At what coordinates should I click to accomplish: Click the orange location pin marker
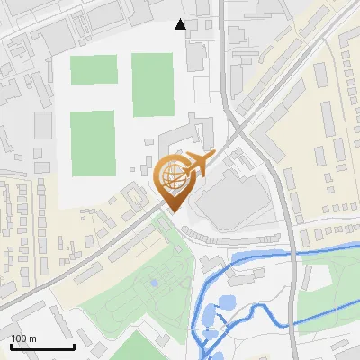pos(172,180)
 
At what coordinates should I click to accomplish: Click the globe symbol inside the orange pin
pos(171,176)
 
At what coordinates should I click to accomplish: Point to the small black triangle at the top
pos(181,24)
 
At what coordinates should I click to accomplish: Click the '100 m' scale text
pos(23,337)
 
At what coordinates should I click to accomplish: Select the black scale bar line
pos(42,346)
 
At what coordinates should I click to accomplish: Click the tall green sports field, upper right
pos(152,84)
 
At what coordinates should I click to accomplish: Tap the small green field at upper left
pos(94,69)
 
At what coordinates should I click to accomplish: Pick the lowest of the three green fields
pos(92,143)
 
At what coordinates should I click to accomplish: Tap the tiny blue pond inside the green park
pos(154,283)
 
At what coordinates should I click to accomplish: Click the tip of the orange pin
pos(172,211)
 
